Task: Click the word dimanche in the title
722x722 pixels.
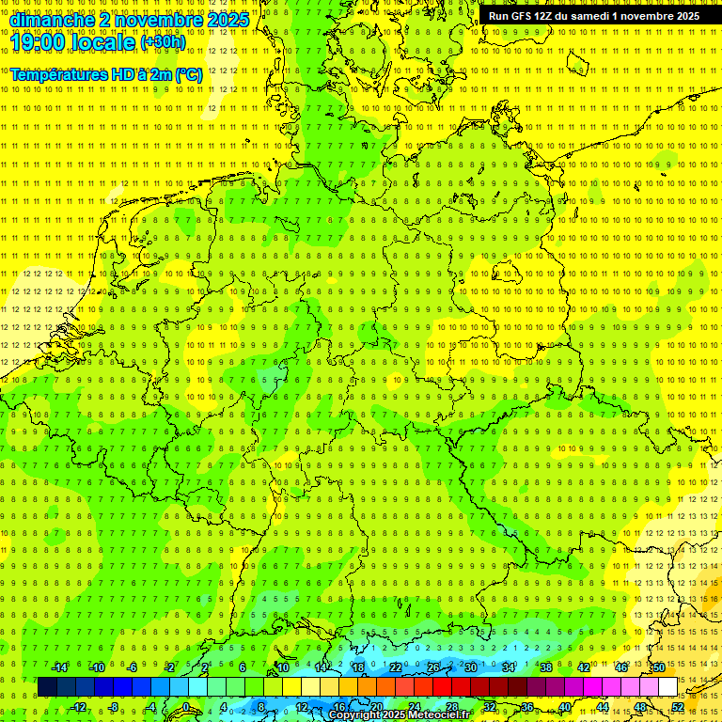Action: click(x=51, y=20)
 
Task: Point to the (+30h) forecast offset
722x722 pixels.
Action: click(x=163, y=42)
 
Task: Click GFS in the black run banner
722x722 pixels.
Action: click(x=519, y=16)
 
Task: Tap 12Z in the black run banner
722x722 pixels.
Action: click(x=544, y=16)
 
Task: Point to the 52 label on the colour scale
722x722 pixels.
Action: click(x=678, y=707)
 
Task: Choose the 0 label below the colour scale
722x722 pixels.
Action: click(x=186, y=707)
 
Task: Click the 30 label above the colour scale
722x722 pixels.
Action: click(x=470, y=667)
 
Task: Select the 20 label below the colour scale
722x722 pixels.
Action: click(x=376, y=707)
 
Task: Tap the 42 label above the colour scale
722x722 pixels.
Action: click(x=583, y=667)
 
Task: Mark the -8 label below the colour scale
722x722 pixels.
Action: click(x=114, y=707)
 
